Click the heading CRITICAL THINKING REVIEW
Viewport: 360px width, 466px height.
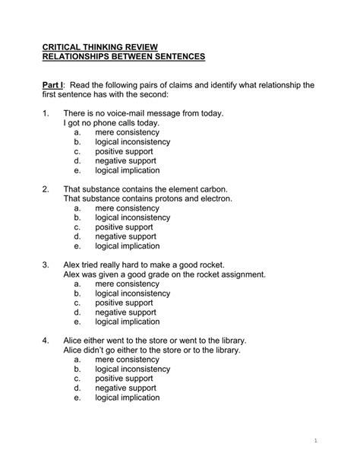(x=100, y=46)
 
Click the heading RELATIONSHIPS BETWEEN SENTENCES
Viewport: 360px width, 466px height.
(x=124, y=57)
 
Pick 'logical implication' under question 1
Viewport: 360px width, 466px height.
(x=128, y=171)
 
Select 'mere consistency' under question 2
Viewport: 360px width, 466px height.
(x=128, y=208)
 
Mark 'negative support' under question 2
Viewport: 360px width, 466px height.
(x=126, y=236)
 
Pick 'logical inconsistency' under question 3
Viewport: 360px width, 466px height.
(x=133, y=293)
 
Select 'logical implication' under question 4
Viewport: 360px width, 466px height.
(x=128, y=398)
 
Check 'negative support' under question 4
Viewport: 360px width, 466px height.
(x=126, y=388)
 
